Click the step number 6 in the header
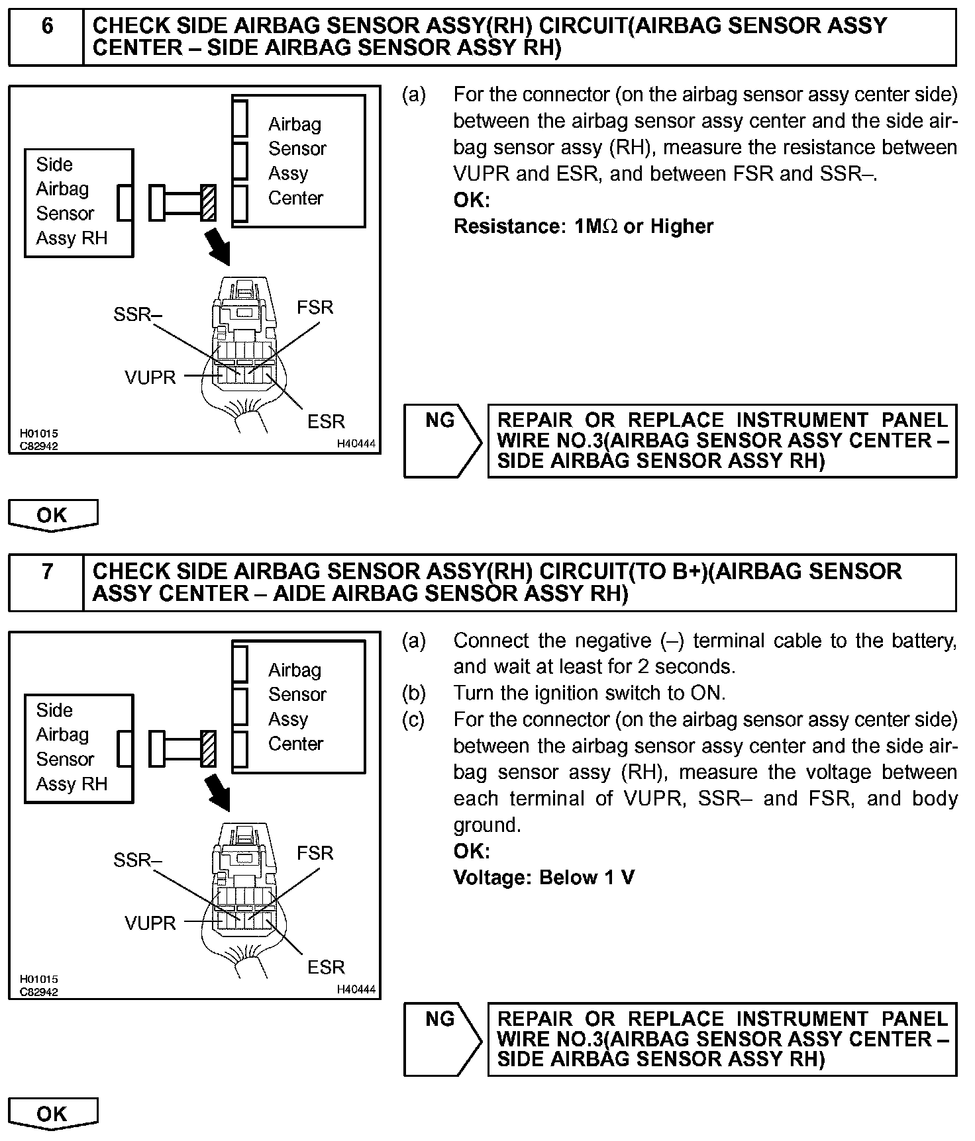coord(48,26)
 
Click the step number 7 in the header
coord(48,572)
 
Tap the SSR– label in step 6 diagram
coord(137,314)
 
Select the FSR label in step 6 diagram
coord(315,308)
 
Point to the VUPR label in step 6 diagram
coord(150,378)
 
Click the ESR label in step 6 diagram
coord(326,422)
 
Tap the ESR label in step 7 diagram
coord(326,968)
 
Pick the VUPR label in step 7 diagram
coord(150,923)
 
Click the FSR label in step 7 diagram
coord(315,853)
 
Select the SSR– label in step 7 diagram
coord(137,860)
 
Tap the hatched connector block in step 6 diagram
coord(209,203)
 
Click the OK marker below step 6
coord(52,516)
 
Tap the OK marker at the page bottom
coord(52,1114)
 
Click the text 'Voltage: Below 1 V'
coord(544,878)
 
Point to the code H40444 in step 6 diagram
coord(356,444)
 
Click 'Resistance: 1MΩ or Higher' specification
coord(583,226)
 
